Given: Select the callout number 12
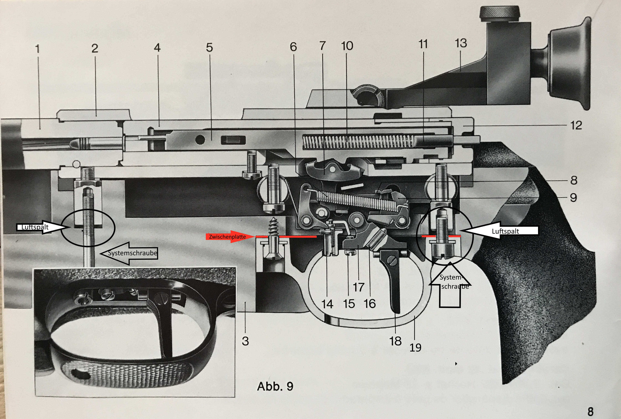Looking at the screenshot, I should tap(576, 125).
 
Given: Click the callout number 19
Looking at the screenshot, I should tap(415, 347).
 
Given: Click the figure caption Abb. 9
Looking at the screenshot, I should tap(275, 386).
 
